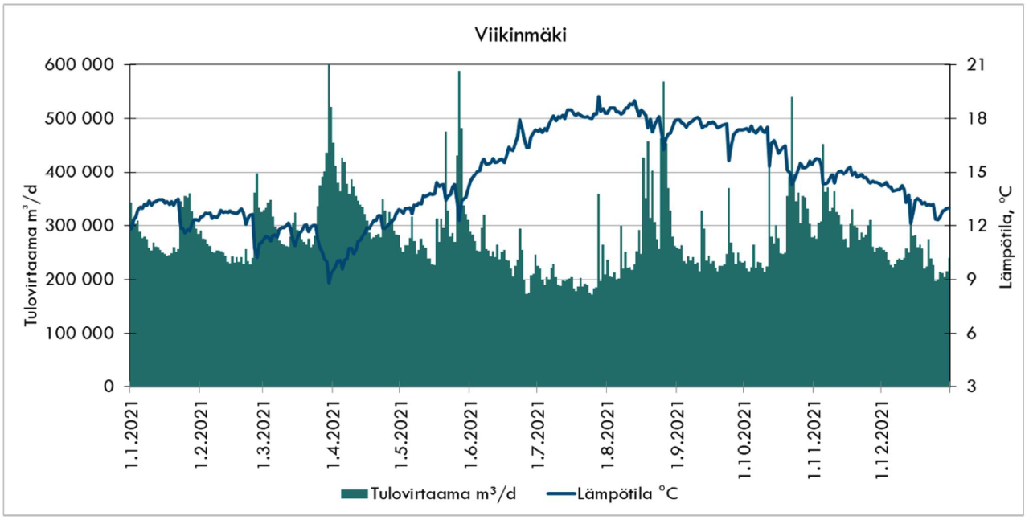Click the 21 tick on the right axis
pos(970,64)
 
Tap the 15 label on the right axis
pos(970,172)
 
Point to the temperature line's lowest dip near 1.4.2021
pos(329,282)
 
